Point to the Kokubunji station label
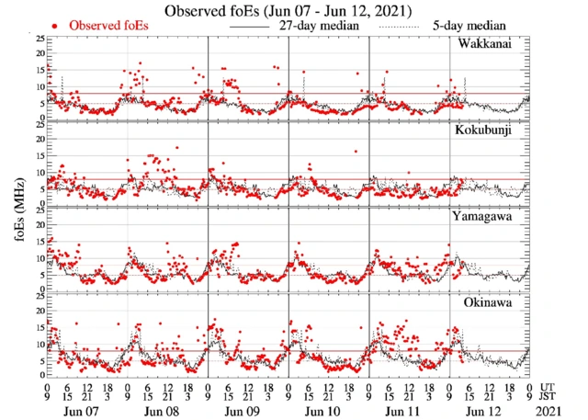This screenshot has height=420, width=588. tap(484, 131)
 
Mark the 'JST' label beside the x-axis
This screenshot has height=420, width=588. tap(548, 398)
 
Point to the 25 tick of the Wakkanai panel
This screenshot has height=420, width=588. tap(40, 39)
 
